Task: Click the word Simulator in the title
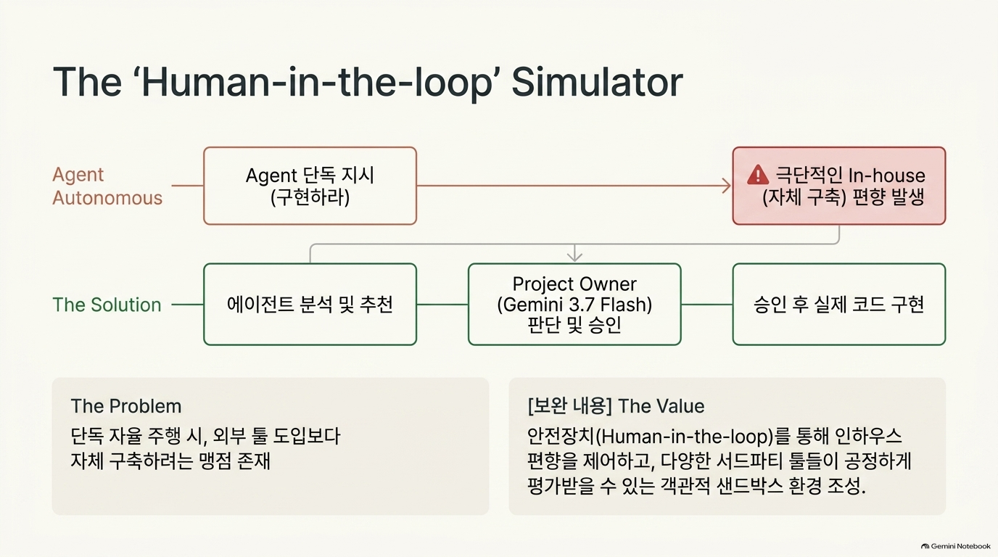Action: [x=597, y=82]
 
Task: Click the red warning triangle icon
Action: [x=758, y=175]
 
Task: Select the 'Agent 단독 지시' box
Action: [x=310, y=186]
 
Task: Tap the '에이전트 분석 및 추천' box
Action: [x=310, y=305]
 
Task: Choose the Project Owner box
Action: [x=574, y=305]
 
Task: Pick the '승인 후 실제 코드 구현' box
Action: [x=839, y=305]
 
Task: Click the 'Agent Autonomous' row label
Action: [x=107, y=186]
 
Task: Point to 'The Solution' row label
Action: [x=107, y=305]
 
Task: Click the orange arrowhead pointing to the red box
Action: [x=727, y=186]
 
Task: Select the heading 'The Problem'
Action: [x=126, y=406]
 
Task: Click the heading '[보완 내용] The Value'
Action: [x=616, y=406]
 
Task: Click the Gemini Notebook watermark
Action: [x=956, y=546]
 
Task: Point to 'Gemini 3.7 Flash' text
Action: [x=574, y=305]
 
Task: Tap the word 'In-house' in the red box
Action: [x=887, y=176]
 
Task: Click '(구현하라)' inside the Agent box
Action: [x=310, y=197]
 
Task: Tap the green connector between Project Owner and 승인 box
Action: [x=707, y=305]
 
